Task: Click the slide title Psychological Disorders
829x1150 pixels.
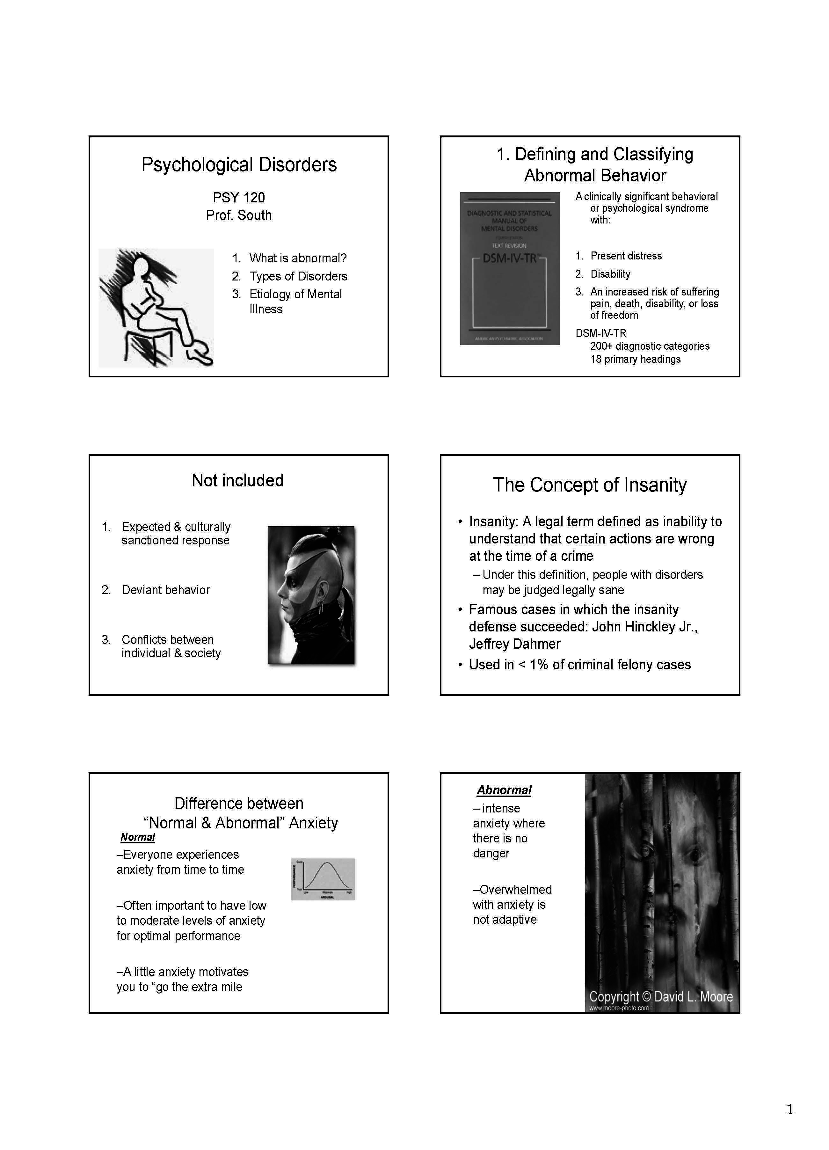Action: [238, 165]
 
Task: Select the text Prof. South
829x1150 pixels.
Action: [238, 215]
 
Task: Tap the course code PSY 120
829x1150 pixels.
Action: [238, 197]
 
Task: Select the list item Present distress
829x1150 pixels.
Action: [626, 256]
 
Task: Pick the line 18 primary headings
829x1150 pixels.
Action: [635, 359]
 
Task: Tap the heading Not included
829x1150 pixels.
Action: [237, 480]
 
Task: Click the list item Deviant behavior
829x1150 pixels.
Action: [165, 590]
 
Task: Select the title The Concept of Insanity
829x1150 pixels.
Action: [589, 485]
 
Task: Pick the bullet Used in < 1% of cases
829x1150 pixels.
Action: [579, 665]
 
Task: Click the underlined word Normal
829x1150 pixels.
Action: [137, 837]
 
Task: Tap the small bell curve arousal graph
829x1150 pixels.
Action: [323, 879]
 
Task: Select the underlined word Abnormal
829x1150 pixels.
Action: [504, 790]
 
